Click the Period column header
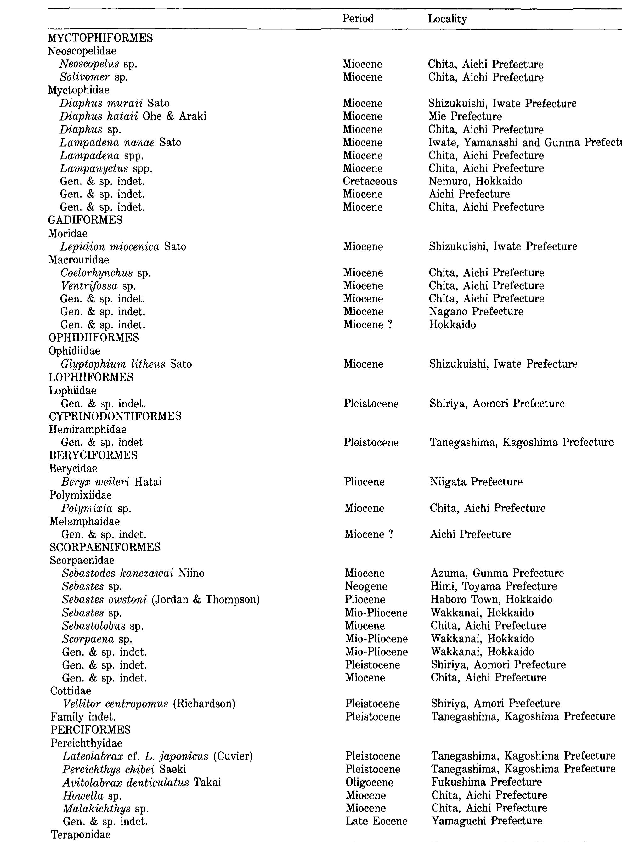(x=358, y=19)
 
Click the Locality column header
(x=447, y=19)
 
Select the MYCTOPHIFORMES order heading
(x=100, y=38)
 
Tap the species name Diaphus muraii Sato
(x=115, y=103)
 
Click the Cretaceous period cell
(x=370, y=181)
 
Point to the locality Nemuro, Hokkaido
(x=475, y=181)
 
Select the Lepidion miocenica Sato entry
(x=123, y=246)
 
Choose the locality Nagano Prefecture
(x=476, y=312)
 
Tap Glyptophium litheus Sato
(x=126, y=364)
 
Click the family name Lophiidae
(x=73, y=390)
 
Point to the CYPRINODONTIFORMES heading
(x=115, y=416)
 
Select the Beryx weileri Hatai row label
(x=111, y=482)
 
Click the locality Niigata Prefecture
(x=476, y=482)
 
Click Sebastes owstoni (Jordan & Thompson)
(x=161, y=600)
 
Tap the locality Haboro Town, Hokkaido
(x=491, y=600)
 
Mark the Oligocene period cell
(x=369, y=782)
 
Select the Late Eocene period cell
(x=376, y=821)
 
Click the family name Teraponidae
(x=81, y=834)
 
